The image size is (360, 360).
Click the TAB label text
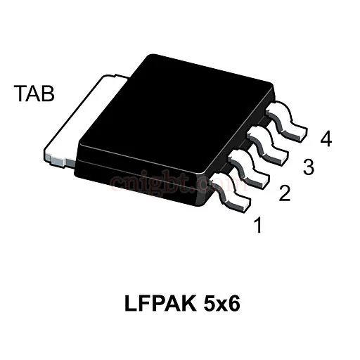tap(34, 94)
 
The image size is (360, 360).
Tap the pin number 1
tap(258, 225)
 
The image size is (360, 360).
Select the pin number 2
tap(285, 193)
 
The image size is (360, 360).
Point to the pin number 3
tap(309, 167)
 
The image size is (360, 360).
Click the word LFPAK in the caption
tap(160, 304)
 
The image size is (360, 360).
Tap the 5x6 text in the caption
tap(222, 304)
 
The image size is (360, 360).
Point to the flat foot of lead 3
tap(275, 157)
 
